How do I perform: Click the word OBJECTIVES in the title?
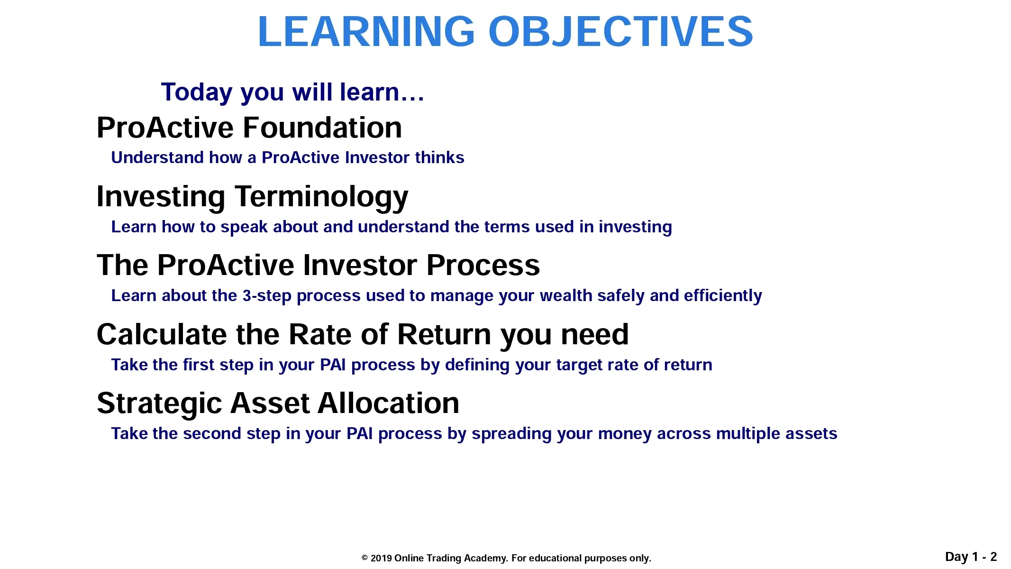(620, 31)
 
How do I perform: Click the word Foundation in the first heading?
(323, 128)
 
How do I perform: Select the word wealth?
(566, 295)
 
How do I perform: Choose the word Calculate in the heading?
(162, 334)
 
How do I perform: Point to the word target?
(578, 365)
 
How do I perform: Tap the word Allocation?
(389, 404)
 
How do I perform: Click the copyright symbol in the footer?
(364, 558)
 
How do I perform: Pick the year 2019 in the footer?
(381, 558)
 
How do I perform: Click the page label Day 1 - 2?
(971, 557)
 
